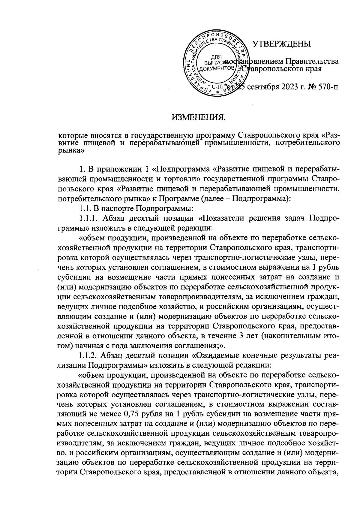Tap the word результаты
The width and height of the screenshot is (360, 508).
coord(296,356)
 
